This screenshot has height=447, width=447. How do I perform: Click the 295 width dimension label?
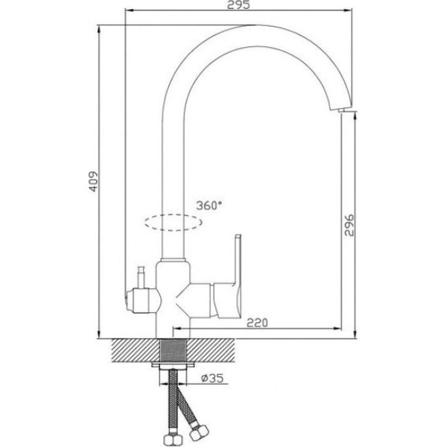pyautogui.click(x=238, y=5)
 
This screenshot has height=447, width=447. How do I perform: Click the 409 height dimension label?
pyautogui.click(x=92, y=182)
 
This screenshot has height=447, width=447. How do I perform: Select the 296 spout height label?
pyautogui.click(x=349, y=225)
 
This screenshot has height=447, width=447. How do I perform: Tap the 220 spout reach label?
pyautogui.click(x=257, y=323)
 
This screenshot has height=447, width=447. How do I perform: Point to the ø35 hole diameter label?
pyautogui.click(x=212, y=378)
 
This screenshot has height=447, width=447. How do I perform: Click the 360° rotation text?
pyautogui.click(x=209, y=206)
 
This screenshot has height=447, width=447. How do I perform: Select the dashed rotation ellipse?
pyautogui.click(x=174, y=222)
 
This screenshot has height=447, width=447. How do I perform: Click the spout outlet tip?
pyautogui.click(x=341, y=110)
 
